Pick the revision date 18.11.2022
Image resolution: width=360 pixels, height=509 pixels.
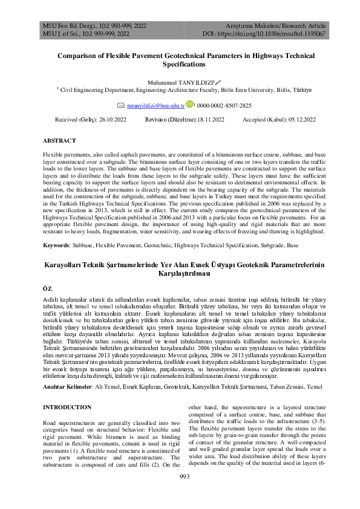[214, 120]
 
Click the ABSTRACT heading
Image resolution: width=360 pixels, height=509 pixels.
[59, 141]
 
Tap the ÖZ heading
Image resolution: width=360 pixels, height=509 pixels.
[48, 289]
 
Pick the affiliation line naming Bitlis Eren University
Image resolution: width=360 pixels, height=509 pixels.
[179, 89]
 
